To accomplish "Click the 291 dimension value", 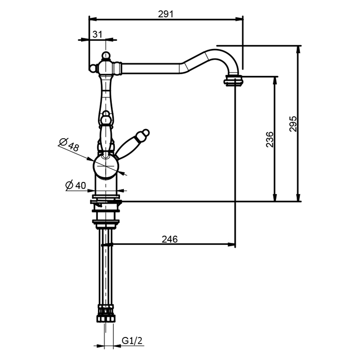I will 166,14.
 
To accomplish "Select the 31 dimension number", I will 97,34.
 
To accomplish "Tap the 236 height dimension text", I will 269,139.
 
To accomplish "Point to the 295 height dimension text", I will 293,124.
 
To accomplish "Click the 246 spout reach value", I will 169,239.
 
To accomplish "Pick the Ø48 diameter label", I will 69,144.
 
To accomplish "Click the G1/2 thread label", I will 131,340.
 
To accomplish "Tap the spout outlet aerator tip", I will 234,80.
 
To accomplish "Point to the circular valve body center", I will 106,167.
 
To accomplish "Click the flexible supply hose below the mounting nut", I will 106,269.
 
